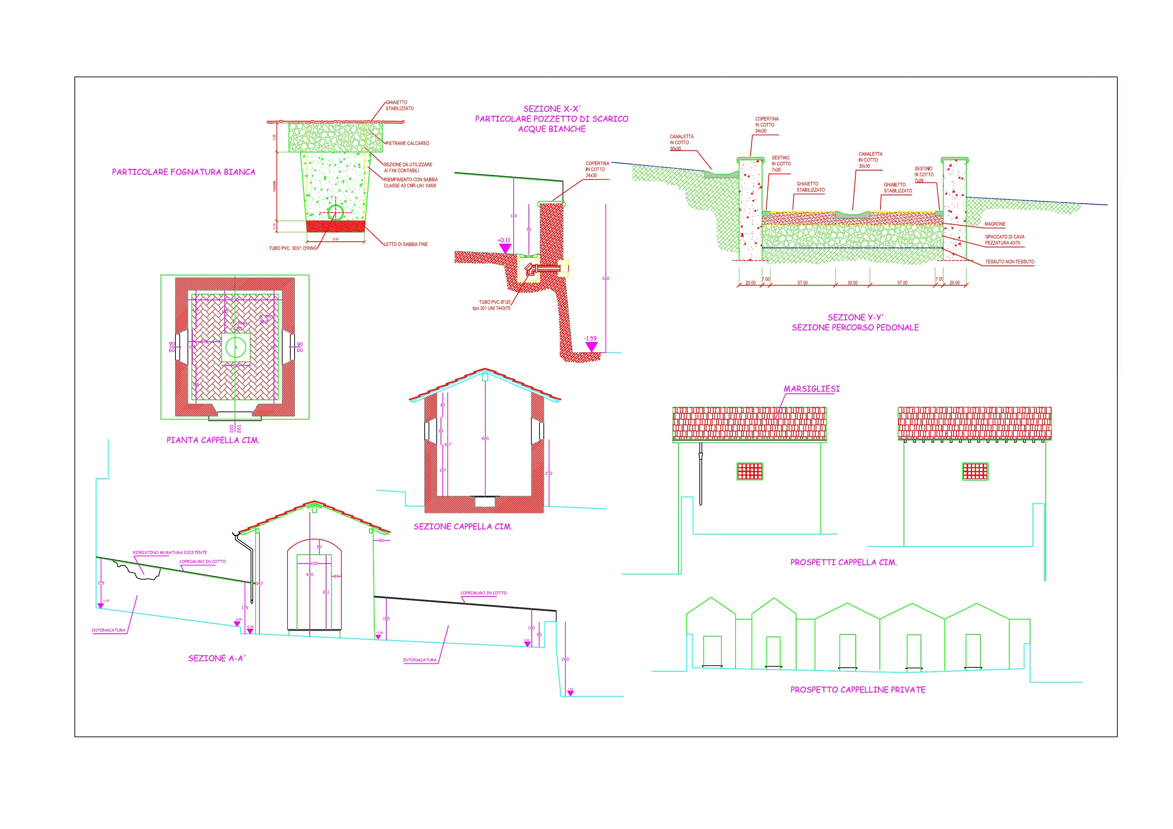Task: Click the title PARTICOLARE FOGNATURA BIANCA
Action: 183,172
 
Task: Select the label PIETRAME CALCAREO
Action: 407,144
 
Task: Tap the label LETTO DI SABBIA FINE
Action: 406,245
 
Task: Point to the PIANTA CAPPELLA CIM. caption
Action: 213,440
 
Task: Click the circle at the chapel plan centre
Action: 235,347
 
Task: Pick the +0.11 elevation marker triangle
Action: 505,248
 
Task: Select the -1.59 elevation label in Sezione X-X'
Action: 590,338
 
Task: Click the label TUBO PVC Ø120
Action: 494,302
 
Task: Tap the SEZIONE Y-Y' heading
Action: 855,318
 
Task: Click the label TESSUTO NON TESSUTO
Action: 1010,262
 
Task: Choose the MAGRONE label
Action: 995,224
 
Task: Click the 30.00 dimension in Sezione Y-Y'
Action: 852,283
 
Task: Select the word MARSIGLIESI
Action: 811,389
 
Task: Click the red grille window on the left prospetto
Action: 749,471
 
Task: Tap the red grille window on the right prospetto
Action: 975,471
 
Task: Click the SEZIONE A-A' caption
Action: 217,659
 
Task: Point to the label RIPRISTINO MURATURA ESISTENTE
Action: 169,553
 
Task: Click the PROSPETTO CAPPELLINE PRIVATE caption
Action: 858,690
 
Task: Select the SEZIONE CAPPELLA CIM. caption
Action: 463,527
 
